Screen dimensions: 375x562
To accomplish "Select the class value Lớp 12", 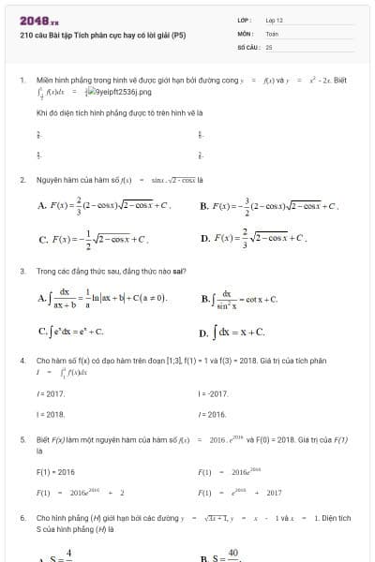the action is tap(274, 20).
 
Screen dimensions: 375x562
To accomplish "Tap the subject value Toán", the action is tap(272, 33).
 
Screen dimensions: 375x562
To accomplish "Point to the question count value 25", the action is tap(269, 46).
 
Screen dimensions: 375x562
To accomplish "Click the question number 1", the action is tap(22, 81).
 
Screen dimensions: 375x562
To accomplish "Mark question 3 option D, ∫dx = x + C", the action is tap(238, 332).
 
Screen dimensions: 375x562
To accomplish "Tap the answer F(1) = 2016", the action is tap(55, 472).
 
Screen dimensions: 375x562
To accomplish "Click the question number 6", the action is tap(22, 517).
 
